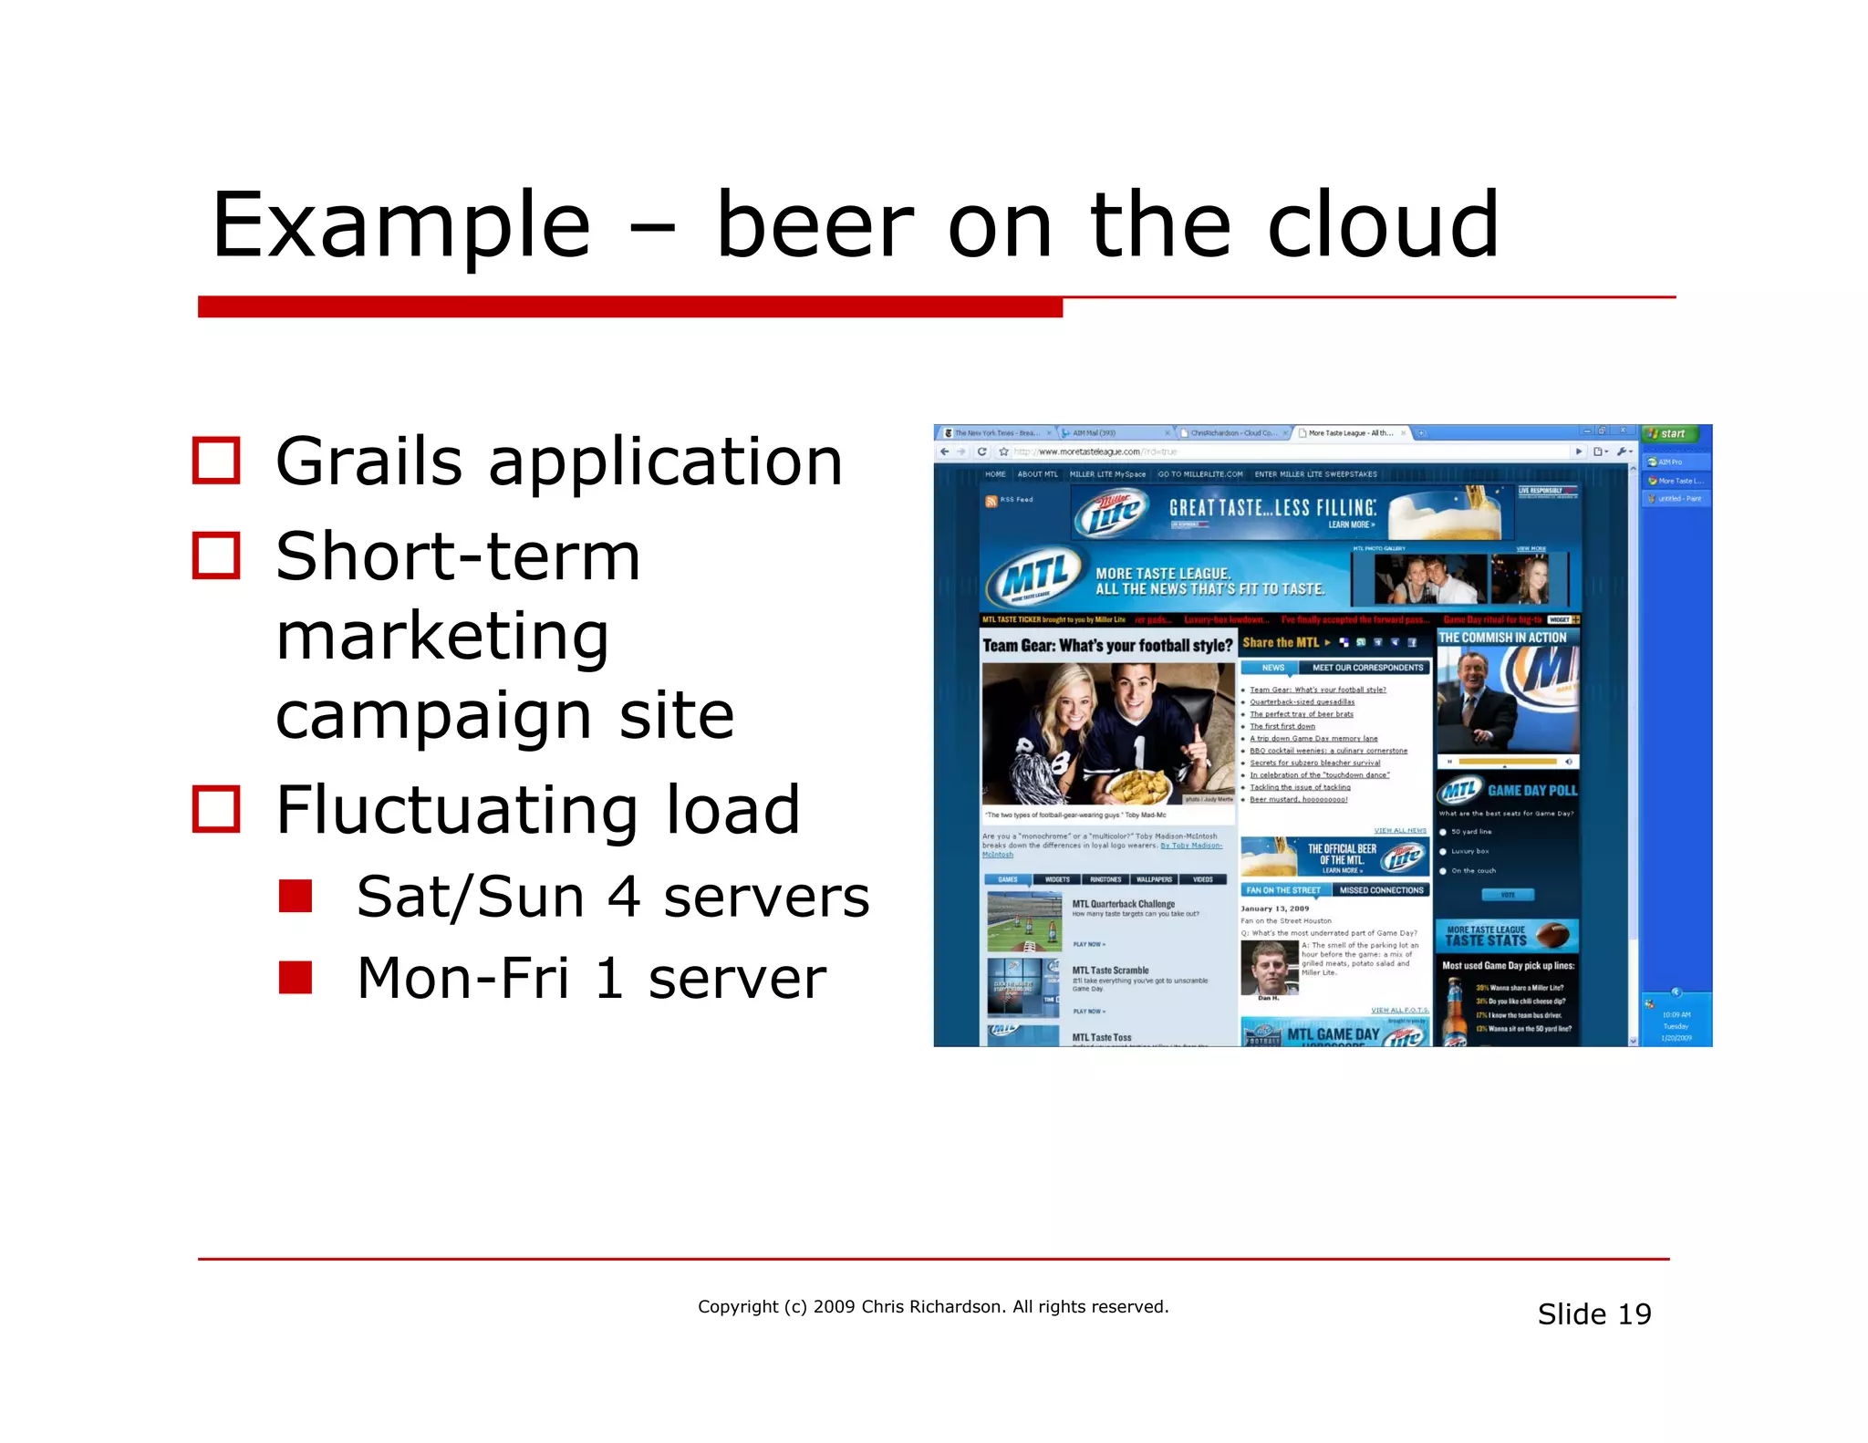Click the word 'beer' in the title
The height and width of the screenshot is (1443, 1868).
pos(815,224)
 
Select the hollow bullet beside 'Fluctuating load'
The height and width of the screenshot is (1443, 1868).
pos(216,809)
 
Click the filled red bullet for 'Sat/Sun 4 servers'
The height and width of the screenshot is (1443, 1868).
pos(296,896)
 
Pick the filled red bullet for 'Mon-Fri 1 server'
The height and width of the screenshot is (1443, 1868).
pos(296,977)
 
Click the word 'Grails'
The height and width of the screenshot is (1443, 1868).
pos(368,462)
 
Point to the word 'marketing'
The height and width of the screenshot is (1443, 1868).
pos(442,636)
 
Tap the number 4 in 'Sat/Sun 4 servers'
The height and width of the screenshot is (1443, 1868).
pos(624,897)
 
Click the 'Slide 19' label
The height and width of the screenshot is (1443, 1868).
pos(1593,1313)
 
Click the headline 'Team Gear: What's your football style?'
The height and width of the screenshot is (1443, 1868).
pos(1107,645)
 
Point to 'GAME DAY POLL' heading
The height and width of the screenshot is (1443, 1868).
pos(1531,790)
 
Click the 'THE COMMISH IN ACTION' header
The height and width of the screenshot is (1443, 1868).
pos(1502,638)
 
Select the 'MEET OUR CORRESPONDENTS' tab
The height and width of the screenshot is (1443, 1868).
pos(1366,668)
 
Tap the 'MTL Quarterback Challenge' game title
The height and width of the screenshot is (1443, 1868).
pos(1123,904)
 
